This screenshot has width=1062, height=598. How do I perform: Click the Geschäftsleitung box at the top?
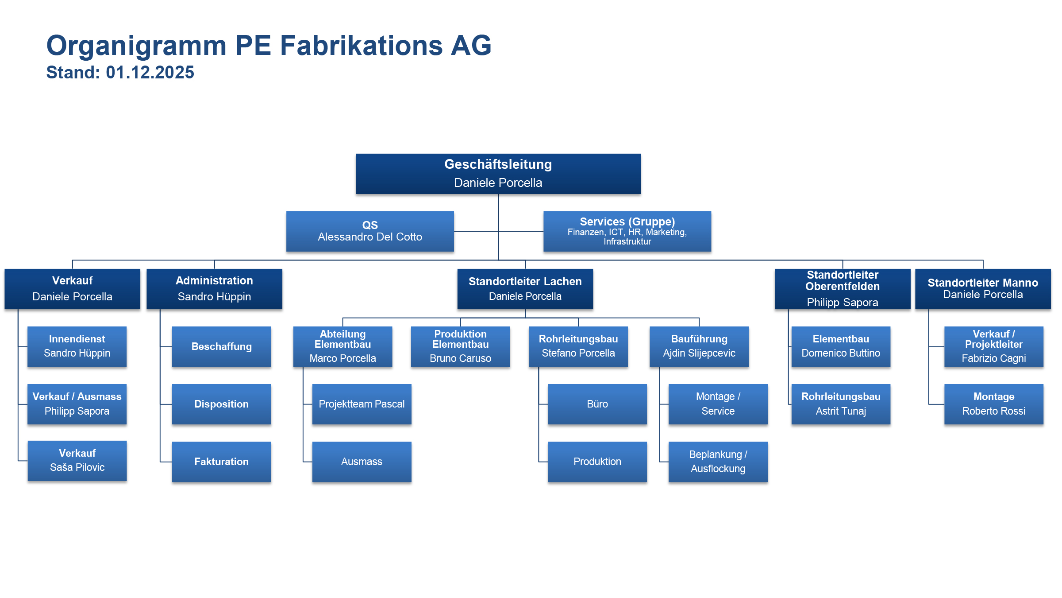point(498,174)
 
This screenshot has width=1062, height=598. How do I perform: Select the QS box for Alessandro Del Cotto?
point(370,231)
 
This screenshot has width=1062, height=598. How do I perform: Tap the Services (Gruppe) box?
point(627,231)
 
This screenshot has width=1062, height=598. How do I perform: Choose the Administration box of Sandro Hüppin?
point(214,289)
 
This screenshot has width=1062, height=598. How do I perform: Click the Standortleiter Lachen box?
point(525,289)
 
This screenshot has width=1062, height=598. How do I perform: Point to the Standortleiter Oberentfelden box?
point(842,289)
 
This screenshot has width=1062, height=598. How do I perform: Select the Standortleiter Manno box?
point(982,289)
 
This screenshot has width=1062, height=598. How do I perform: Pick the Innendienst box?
point(77,346)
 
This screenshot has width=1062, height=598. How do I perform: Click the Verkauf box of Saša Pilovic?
point(77,461)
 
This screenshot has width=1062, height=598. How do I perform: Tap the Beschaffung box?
point(221,346)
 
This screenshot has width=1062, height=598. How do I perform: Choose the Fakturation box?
point(221,462)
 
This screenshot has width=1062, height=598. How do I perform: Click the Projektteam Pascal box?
point(362,404)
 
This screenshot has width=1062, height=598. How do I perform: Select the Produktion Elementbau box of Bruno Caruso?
point(460,346)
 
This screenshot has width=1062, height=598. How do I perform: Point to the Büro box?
point(597,404)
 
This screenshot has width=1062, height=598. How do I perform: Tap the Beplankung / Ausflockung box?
point(718,462)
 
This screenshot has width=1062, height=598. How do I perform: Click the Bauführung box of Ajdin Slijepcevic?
point(699,346)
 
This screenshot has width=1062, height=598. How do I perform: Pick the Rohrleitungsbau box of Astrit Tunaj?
point(841,404)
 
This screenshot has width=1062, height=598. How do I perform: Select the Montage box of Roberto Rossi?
point(993,404)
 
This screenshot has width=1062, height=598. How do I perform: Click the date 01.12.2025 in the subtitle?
point(150,73)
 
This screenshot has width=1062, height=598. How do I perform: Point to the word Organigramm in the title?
point(136,46)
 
